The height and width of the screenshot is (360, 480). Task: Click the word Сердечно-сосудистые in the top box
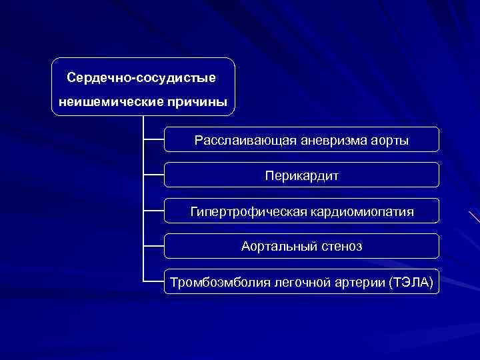(141, 78)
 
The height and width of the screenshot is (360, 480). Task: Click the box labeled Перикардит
(301, 176)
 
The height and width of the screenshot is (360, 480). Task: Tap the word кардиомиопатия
(361, 212)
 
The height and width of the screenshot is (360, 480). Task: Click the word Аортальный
(273, 247)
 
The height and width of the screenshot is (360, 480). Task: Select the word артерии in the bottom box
(358, 282)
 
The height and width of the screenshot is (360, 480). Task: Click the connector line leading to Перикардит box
(154, 175)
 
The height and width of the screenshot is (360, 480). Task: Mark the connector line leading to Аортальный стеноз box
(154, 246)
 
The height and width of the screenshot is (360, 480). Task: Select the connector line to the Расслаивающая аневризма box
(154, 140)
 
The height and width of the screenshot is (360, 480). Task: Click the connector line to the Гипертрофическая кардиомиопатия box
(154, 211)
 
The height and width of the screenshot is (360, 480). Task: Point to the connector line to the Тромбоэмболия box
(154, 281)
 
